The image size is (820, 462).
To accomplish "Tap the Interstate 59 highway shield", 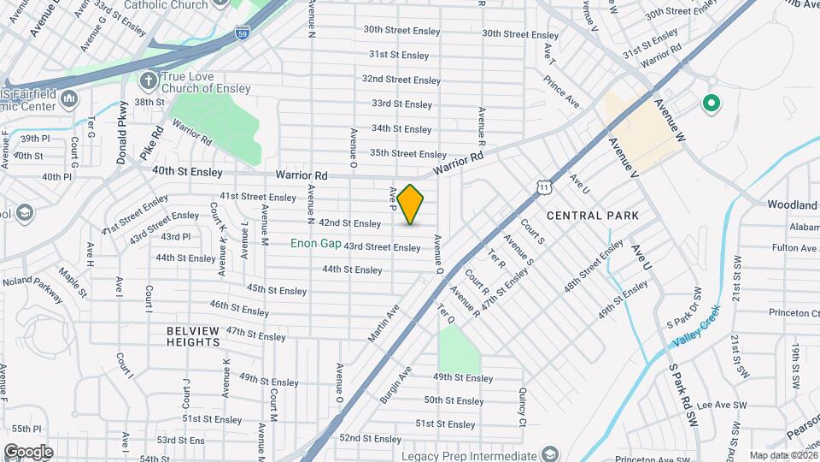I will tap(243, 35).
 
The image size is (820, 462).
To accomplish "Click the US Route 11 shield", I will tap(543, 187).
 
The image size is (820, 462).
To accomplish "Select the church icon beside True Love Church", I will tap(149, 80).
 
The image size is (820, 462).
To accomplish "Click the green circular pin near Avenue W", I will tap(710, 104).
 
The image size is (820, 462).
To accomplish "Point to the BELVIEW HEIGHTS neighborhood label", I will tap(194, 336).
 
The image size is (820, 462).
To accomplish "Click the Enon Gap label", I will tap(316, 244).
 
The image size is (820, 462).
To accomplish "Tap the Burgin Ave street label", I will tap(396, 384).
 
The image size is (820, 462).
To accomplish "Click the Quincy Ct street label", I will tap(521, 407).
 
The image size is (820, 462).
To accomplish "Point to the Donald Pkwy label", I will tap(123, 132).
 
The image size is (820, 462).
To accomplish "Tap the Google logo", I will tap(28, 452).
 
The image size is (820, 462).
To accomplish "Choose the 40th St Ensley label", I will tap(187, 171).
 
